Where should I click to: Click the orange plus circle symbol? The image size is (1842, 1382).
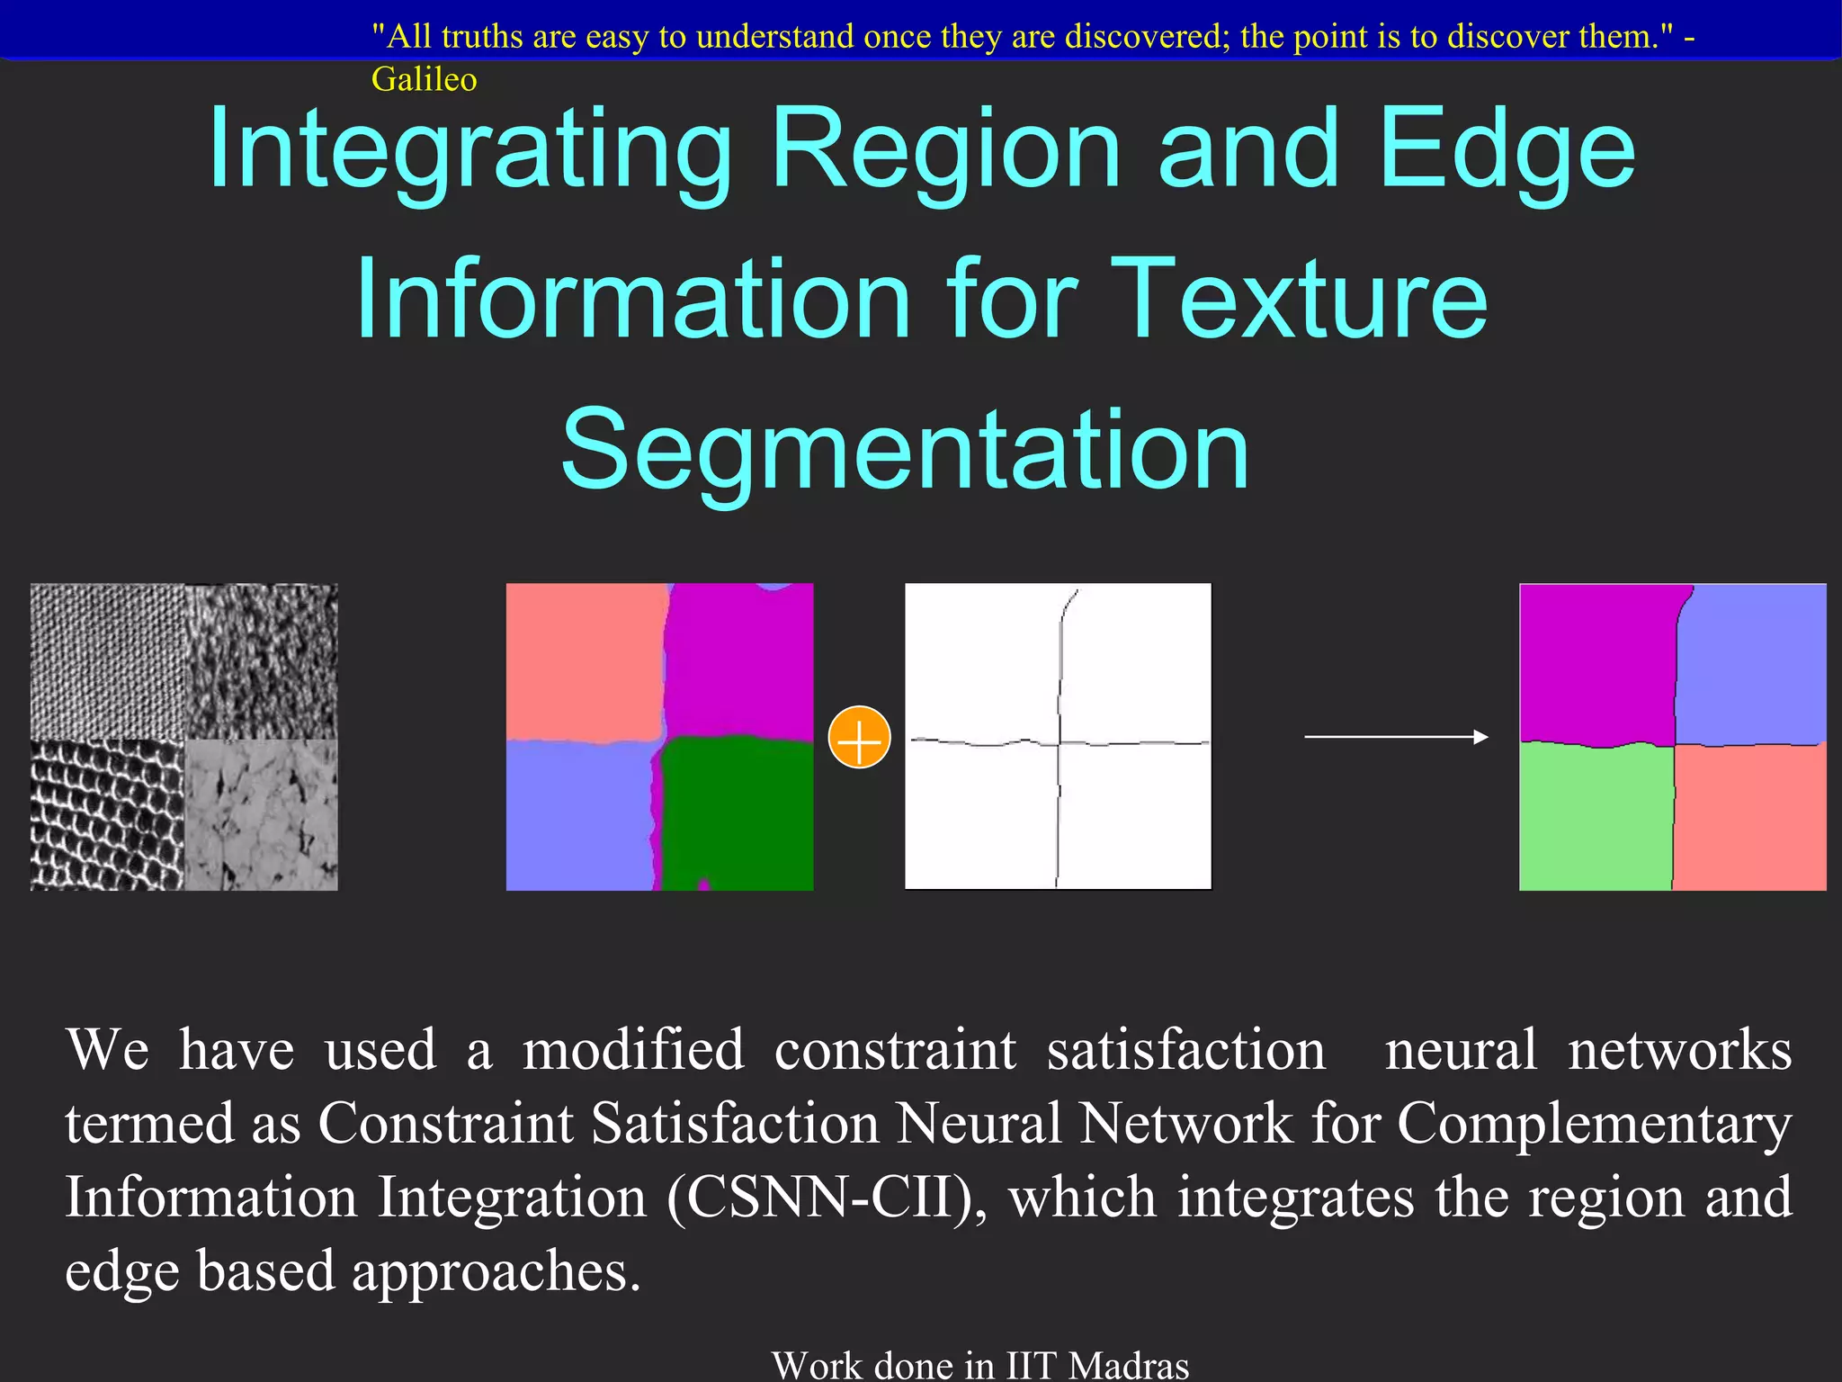click(x=859, y=738)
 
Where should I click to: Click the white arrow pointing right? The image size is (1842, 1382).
click(x=1396, y=737)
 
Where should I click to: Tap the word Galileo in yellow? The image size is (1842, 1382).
click(x=424, y=80)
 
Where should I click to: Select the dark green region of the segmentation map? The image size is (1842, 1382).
click(x=738, y=810)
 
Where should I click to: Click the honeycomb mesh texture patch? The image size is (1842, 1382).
click(x=107, y=815)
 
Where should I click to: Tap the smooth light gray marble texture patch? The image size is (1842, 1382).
click(x=261, y=815)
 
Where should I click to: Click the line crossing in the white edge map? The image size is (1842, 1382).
click(x=1060, y=743)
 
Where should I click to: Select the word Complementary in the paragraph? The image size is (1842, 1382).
click(x=1594, y=1125)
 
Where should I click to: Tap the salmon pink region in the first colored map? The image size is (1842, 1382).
click(x=585, y=660)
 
